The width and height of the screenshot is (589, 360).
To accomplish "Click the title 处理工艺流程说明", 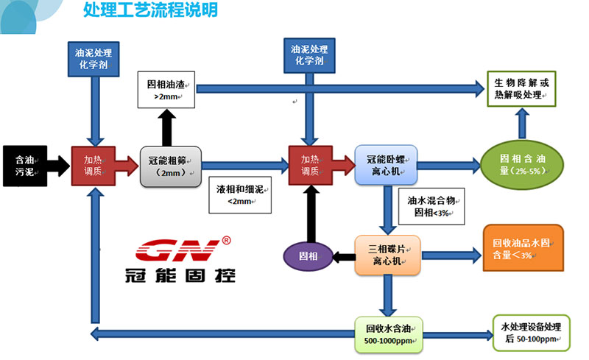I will (150, 10).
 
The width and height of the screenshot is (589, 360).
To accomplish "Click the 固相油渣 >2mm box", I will (163, 88).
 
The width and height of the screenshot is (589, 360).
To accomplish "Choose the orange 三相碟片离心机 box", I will (386, 255).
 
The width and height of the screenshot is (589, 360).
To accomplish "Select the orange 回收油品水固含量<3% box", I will (522, 248).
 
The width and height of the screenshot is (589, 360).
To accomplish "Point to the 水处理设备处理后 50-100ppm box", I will (530, 333).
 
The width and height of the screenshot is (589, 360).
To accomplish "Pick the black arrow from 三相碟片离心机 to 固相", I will (343, 255).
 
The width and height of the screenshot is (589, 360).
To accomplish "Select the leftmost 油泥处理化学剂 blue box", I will (94, 57).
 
